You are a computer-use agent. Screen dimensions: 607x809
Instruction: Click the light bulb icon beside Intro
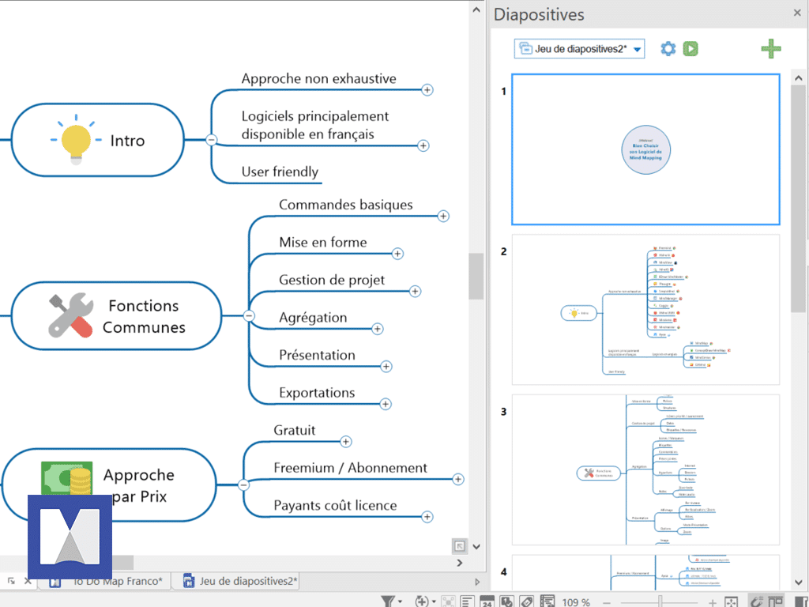coord(77,141)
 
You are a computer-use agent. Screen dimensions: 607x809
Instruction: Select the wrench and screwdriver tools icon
coord(70,316)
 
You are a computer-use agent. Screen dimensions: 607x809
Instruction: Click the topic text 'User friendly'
coord(280,172)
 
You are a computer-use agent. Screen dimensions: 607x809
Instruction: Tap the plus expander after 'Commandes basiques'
coord(443,216)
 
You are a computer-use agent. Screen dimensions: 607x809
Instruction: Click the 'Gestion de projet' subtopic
coord(332,280)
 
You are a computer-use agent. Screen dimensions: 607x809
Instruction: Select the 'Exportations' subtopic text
coord(317,393)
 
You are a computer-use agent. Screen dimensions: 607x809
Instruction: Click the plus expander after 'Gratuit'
coord(345,442)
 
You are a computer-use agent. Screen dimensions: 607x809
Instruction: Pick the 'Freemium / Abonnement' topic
coord(350,468)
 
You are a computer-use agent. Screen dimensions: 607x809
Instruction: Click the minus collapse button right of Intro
coord(211,140)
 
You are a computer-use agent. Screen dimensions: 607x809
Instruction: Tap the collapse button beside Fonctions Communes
coord(249,315)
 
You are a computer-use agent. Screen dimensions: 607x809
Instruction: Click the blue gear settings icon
coord(668,49)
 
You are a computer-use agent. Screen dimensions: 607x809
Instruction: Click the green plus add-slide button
coord(771,49)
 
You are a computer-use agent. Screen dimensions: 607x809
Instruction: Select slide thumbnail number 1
coord(645,149)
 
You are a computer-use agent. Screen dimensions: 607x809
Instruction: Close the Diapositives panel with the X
coord(797,13)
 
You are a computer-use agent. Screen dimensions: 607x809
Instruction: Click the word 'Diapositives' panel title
coord(539,14)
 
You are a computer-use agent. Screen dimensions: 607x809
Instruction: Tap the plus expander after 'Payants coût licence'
coord(427,517)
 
